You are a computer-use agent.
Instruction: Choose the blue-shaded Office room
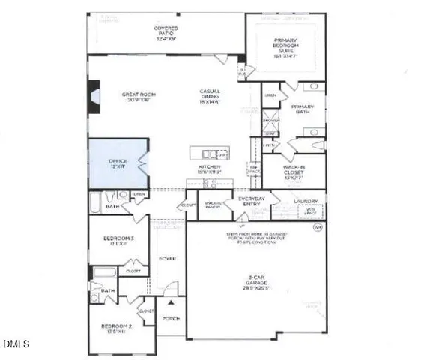tap(118, 163)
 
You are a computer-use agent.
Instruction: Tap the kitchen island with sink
tap(209, 154)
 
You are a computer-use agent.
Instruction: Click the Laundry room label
tap(306, 201)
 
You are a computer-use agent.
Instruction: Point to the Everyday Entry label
tap(252, 201)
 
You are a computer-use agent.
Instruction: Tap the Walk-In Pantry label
tap(213, 203)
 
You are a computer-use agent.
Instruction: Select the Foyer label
tap(168, 259)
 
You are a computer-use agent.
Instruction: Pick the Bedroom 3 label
tap(118, 239)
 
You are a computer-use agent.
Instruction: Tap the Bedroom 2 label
tap(116, 326)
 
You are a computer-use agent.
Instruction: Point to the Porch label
tap(172, 318)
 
